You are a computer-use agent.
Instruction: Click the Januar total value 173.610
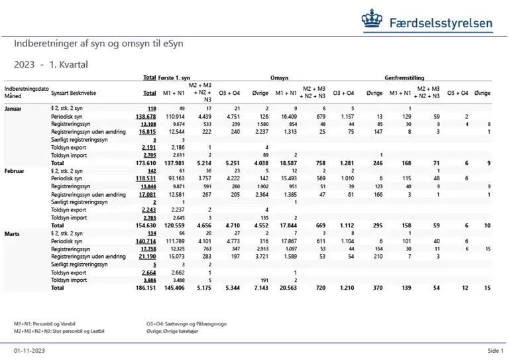coord(145,162)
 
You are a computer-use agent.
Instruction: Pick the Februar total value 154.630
coord(145,225)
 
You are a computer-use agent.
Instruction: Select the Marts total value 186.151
coord(145,288)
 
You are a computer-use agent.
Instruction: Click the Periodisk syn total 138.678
coord(146,116)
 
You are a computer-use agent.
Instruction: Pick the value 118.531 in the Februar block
coord(146,178)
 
